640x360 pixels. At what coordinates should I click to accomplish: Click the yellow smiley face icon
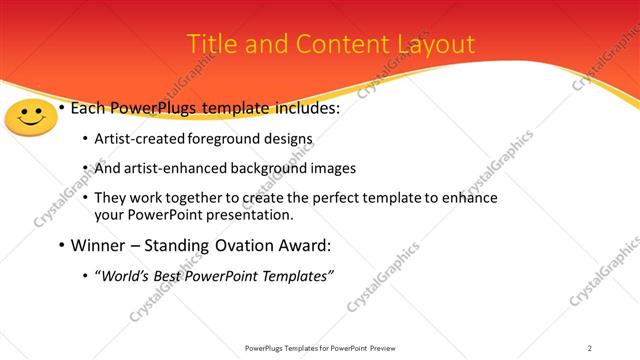point(32,118)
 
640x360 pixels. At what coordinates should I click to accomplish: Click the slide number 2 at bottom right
point(590,347)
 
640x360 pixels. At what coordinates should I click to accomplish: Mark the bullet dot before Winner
point(62,246)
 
